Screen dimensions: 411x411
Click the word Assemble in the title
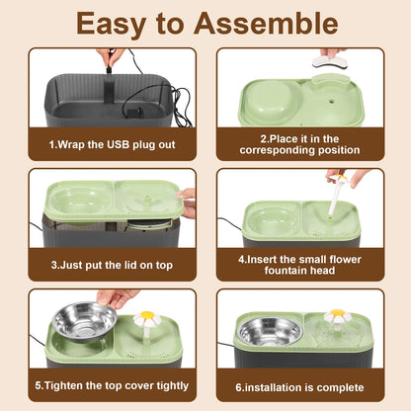(266, 24)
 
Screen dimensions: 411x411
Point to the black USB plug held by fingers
(109, 70)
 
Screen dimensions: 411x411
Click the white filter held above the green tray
(329, 62)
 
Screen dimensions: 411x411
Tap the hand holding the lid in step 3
(187, 203)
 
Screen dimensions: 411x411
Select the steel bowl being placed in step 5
(84, 322)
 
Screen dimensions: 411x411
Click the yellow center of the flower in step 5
(147, 315)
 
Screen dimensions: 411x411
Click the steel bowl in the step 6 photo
(270, 332)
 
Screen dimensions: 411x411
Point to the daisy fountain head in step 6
(338, 316)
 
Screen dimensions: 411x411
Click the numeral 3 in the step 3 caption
(54, 265)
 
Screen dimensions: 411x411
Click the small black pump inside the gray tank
(134, 113)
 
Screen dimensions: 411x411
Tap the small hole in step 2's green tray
(330, 99)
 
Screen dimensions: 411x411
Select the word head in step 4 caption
(323, 271)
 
